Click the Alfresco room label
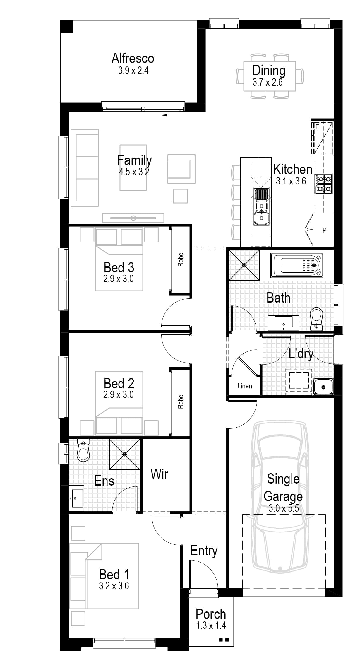pyautogui.click(x=133, y=58)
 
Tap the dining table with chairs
pyautogui.click(x=270, y=76)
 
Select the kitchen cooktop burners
pyautogui.click(x=323, y=184)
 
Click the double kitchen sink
pyautogui.click(x=262, y=206)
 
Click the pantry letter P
pyautogui.click(x=324, y=230)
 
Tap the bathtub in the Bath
pyautogui.click(x=297, y=265)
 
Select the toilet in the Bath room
pyautogui.click(x=316, y=319)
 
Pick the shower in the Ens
pyautogui.click(x=124, y=454)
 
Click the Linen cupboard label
pyautogui.click(x=245, y=386)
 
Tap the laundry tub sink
pyautogui.click(x=323, y=387)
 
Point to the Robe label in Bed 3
pyautogui.click(x=181, y=260)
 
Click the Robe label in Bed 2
pyautogui.click(x=181, y=402)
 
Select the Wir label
pyautogui.click(x=159, y=474)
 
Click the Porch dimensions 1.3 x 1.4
pyautogui.click(x=211, y=626)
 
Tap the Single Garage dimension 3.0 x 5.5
pyautogui.click(x=284, y=508)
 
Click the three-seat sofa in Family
pyautogui.click(x=87, y=168)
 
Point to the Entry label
pyautogui.click(x=204, y=551)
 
